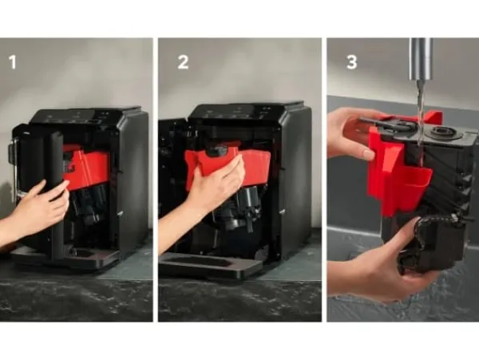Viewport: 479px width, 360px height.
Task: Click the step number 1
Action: [13, 62]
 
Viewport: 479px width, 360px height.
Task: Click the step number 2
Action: [183, 62]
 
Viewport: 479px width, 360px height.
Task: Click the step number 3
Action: [351, 62]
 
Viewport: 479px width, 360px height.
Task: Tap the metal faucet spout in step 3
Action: [421, 58]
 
